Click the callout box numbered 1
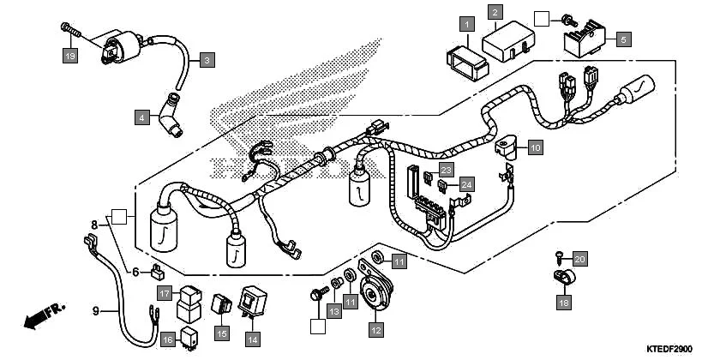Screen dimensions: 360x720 466,24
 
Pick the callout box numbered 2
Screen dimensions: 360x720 495,12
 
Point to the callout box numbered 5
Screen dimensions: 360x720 623,39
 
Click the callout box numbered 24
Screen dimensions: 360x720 465,183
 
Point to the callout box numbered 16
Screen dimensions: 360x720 167,339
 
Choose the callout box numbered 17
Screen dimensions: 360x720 163,291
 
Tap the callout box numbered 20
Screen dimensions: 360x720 579,260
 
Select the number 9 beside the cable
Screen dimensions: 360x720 96,310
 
